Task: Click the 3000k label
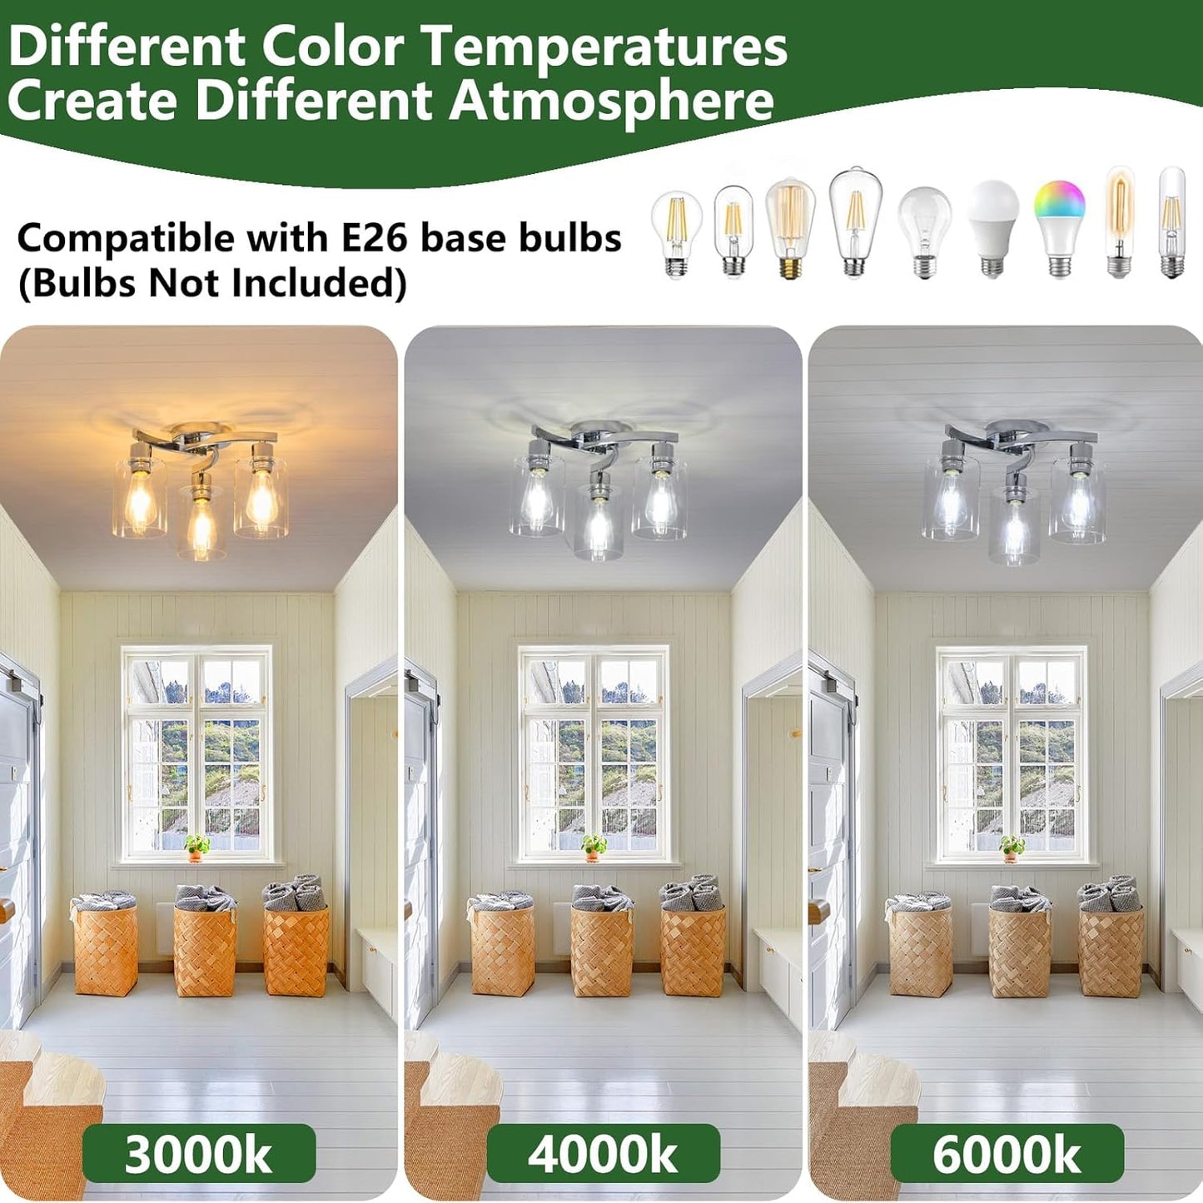[x=198, y=1154]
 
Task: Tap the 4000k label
[x=603, y=1154]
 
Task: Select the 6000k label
[x=1007, y=1154]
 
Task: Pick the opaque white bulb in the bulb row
[x=992, y=226]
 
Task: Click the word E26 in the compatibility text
[x=375, y=238]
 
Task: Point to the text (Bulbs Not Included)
[x=212, y=284]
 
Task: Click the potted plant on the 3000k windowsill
[x=196, y=847]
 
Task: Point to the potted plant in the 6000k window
[x=1012, y=847]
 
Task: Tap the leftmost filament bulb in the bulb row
[x=677, y=233]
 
